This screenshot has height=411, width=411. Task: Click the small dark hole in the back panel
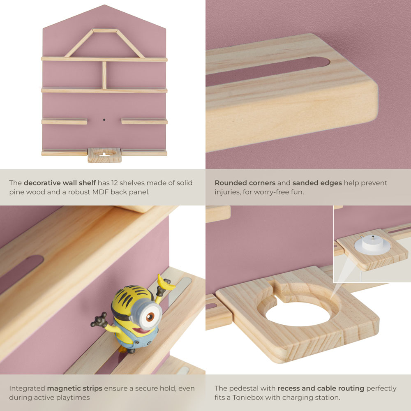(104, 120)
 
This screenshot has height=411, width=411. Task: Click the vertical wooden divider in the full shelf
(104, 75)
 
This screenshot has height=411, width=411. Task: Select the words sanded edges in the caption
(317, 182)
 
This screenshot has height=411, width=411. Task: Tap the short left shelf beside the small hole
(65, 121)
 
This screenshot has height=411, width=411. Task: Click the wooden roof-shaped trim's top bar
(104, 30)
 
